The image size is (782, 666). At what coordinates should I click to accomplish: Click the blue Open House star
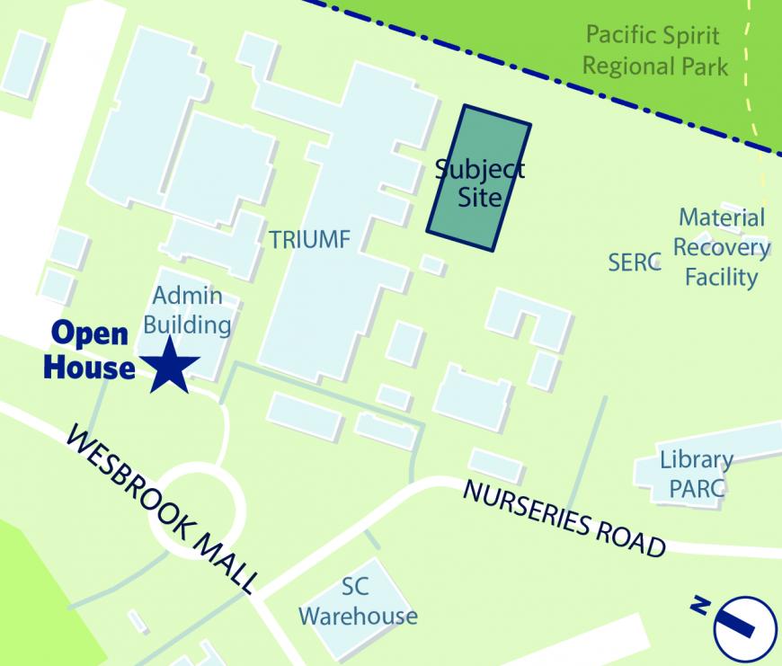(168, 365)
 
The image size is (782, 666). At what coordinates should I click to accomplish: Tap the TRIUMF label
(308, 239)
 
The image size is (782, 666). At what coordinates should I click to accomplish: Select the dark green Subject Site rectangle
(477, 180)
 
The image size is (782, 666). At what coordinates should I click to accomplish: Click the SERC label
(634, 262)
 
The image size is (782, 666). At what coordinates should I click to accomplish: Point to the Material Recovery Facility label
(722, 247)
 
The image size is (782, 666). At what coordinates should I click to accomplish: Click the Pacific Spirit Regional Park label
(653, 51)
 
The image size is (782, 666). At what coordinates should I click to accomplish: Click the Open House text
(90, 350)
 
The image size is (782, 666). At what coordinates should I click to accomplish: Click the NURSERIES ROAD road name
(564, 519)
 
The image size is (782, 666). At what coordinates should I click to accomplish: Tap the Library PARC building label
(696, 475)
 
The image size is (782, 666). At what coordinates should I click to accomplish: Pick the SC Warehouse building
(357, 602)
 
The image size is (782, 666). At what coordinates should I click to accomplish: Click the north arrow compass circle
(744, 627)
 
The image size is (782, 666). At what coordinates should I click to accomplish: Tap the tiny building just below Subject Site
(433, 264)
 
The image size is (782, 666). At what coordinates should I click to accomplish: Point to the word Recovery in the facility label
(722, 247)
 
